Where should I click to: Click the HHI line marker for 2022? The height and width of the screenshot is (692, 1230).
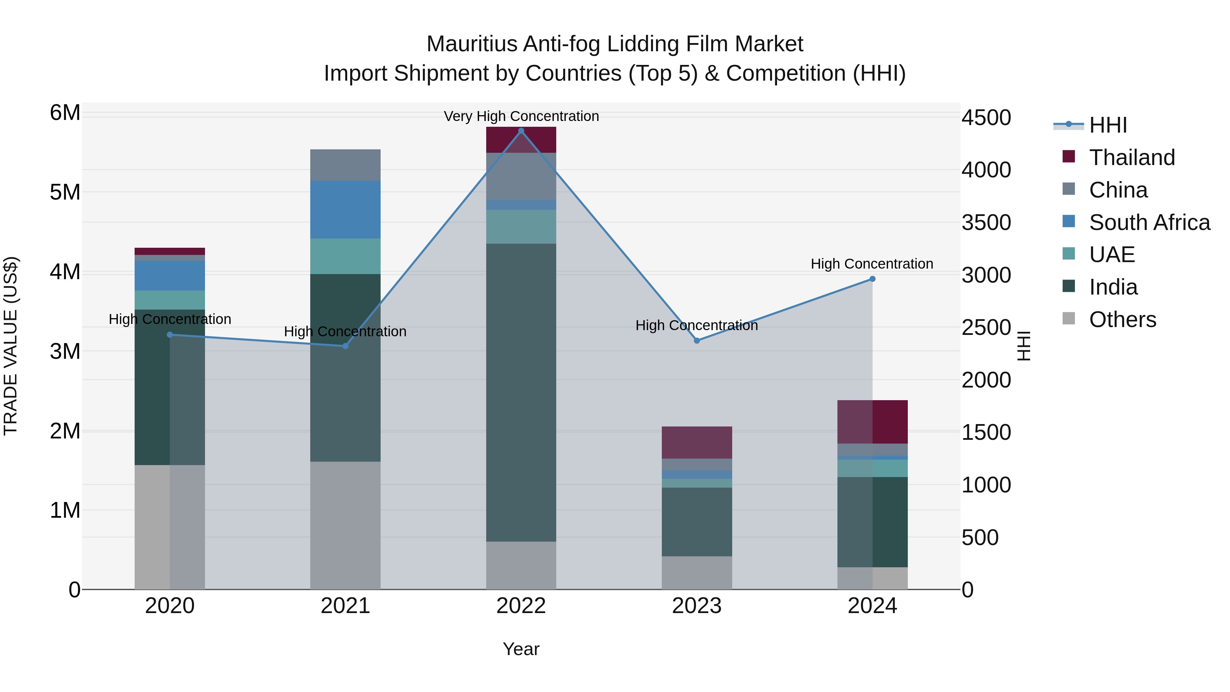[521, 131]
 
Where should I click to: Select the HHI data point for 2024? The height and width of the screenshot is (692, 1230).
[872, 279]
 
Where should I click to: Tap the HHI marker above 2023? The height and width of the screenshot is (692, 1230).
[697, 340]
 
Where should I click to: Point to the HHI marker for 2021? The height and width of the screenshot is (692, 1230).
[345, 346]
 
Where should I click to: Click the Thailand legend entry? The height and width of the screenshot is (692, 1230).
[1132, 158]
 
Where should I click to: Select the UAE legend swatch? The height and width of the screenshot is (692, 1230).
[1069, 254]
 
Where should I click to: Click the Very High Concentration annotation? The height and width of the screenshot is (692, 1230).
[521, 116]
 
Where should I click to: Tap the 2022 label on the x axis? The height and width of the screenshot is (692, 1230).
[521, 606]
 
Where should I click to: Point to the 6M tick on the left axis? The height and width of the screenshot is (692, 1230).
[65, 113]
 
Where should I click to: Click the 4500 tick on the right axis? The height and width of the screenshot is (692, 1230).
[986, 118]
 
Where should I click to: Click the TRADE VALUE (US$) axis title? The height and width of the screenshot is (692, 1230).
[11, 346]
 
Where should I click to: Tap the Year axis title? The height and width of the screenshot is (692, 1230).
[521, 649]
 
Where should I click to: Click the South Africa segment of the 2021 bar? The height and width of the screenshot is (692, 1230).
[345, 210]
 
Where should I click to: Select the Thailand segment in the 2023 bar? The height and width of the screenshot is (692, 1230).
[697, 442]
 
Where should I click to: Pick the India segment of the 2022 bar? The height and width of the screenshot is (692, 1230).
[521, 392]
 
